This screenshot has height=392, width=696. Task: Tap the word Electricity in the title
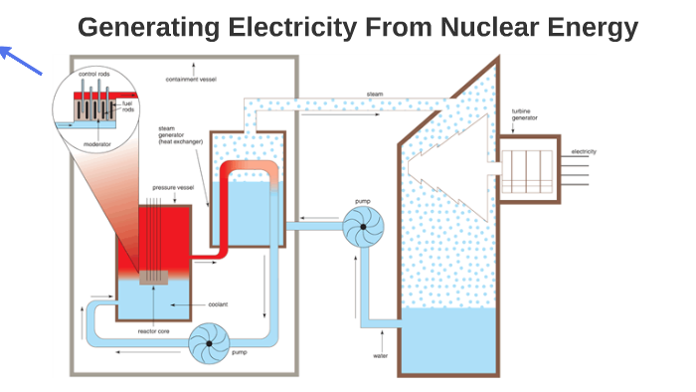click(x=294, y=28)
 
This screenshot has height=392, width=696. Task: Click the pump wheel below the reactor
click(x=210, y=344)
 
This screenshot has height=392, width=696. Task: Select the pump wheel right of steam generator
click(x=363, y=229)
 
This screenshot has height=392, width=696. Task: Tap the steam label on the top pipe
click(x=374, y=95)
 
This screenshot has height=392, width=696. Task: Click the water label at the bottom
click(x=380, y=354)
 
